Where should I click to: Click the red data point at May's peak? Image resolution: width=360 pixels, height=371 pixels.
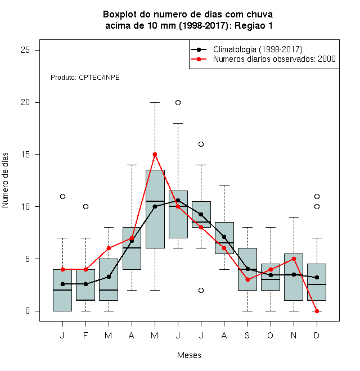pos(155,154)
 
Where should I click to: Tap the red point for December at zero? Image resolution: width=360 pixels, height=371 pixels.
pos(317,311)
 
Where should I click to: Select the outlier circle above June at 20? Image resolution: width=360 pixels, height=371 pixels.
pos(178,102)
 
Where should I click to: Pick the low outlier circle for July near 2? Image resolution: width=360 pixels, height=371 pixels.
pos(201,290)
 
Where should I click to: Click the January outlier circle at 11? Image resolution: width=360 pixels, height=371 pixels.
pos(62,196)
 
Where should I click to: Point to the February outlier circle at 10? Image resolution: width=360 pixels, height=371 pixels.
pos(85,206)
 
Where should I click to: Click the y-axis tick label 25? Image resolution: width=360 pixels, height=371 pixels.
pos(25,50)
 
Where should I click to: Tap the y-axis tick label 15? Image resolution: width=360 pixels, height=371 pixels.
pos(25,154)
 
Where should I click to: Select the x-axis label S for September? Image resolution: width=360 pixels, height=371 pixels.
pos(247,335)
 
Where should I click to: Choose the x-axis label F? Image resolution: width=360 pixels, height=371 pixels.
pos(85,335)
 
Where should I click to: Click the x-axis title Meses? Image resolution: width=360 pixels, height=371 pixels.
pos(189,355)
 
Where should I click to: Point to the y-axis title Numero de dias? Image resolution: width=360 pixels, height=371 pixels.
pos(5,180)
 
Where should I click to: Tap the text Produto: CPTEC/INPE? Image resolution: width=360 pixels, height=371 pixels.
pos(85,78)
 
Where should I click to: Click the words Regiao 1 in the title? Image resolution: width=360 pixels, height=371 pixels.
pos(254,25)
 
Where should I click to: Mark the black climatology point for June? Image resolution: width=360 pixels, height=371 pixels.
pos(178,201)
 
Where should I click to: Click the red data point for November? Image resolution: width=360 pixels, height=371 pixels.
pos(294,259)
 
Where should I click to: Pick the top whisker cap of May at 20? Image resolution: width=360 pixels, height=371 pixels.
pos(155,102)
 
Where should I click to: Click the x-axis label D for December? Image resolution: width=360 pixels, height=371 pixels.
pos(317,335)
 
